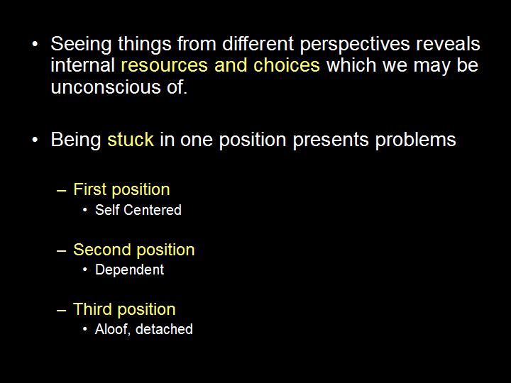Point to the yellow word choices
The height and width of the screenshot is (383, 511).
pos(289,66)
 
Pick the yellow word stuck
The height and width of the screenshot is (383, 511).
pos(131,140)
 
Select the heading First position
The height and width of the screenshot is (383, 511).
pos(121,189)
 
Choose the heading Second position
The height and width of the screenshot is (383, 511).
pos(133,250)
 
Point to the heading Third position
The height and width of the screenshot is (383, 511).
pos(124,309)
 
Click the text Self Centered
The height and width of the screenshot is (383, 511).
pos(138,210)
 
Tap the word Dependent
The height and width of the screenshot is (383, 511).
pos(129,270)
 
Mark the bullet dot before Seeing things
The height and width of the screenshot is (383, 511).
pos(35,45)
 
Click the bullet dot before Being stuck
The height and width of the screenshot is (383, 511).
pos(35,140)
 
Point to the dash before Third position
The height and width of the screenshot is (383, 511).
pos(62,310)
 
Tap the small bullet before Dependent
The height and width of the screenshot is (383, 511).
pos(85,270)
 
